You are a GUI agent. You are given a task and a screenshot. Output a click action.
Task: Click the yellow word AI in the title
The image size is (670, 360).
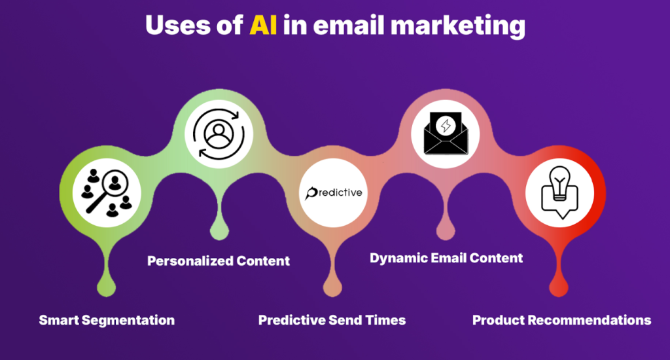[263, 26]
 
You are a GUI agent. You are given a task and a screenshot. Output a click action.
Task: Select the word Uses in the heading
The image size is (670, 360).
[178, 26]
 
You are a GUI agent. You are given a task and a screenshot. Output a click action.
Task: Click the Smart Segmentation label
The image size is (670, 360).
[107, 320]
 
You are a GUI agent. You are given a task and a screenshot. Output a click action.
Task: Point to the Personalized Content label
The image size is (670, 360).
[219, 261]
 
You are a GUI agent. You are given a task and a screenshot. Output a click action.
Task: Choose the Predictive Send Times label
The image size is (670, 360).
[332, 320]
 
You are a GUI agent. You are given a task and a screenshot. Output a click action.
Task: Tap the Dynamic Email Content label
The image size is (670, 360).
[446, 259]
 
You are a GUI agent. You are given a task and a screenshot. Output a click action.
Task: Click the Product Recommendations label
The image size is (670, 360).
[561, 320]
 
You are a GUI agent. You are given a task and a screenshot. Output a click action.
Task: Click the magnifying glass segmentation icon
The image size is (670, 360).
[107, 192]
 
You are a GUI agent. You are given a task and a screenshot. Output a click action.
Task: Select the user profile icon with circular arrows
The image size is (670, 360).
[219, 134]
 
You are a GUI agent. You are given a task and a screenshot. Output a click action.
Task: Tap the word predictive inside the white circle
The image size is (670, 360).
[334, 193]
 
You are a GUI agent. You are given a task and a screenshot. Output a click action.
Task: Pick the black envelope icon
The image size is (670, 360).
[446, 134]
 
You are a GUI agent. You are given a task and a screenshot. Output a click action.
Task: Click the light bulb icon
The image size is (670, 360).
[560, 192]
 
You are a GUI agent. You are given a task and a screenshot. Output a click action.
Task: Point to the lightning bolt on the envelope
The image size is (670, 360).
[446, 126]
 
